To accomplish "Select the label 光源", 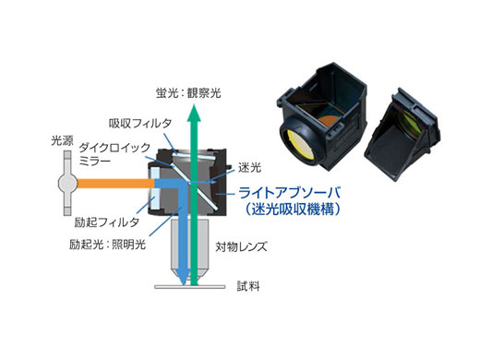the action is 62,141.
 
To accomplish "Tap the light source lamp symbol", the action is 64,183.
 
